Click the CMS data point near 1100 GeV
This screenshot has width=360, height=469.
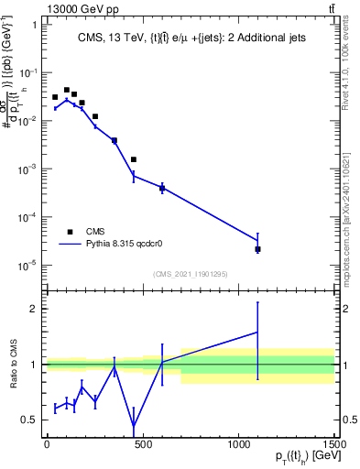coord(257,249)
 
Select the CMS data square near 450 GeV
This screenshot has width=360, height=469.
coord(134,159)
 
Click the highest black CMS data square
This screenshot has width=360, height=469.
coord(66,89)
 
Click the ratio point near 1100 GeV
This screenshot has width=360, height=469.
coord(257,332)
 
